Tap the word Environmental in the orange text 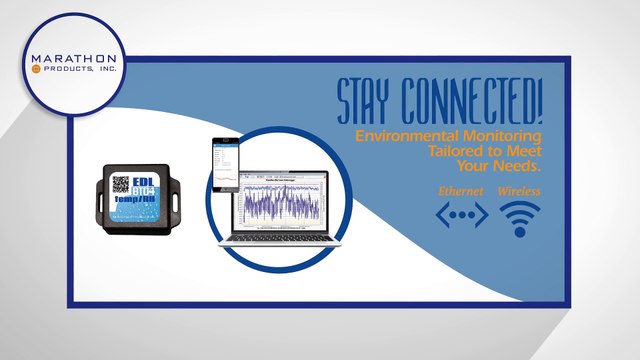click(x=439, y=135)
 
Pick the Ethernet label click(x=462, y=190)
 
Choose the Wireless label click(x=519, y=190)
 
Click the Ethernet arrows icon click(x=462, y=215)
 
